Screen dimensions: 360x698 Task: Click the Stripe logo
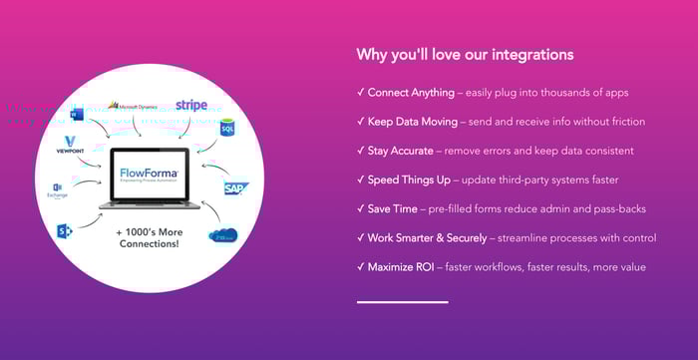tap(191, 105)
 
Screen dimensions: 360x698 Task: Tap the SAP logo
tap(236, 188)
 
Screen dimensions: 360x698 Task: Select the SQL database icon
tap(226, 130)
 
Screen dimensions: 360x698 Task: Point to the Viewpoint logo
tap(69, 145)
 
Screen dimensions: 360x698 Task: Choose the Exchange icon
tap(57, 189)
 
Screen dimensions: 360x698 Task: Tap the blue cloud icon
tap(222, 235)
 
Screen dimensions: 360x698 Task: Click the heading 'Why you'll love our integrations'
tap(465, 54)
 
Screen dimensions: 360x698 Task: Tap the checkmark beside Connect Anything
tap(360, 93)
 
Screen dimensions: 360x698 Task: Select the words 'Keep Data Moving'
tap(412, 122)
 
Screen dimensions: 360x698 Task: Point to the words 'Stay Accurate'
tap(400, 151)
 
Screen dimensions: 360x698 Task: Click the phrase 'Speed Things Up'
tap(408, 180)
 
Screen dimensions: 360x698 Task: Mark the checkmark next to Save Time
tap(360, 208)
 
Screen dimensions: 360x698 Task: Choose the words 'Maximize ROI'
tap(401, 266)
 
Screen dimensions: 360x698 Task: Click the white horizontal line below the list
tap(402, 301)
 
